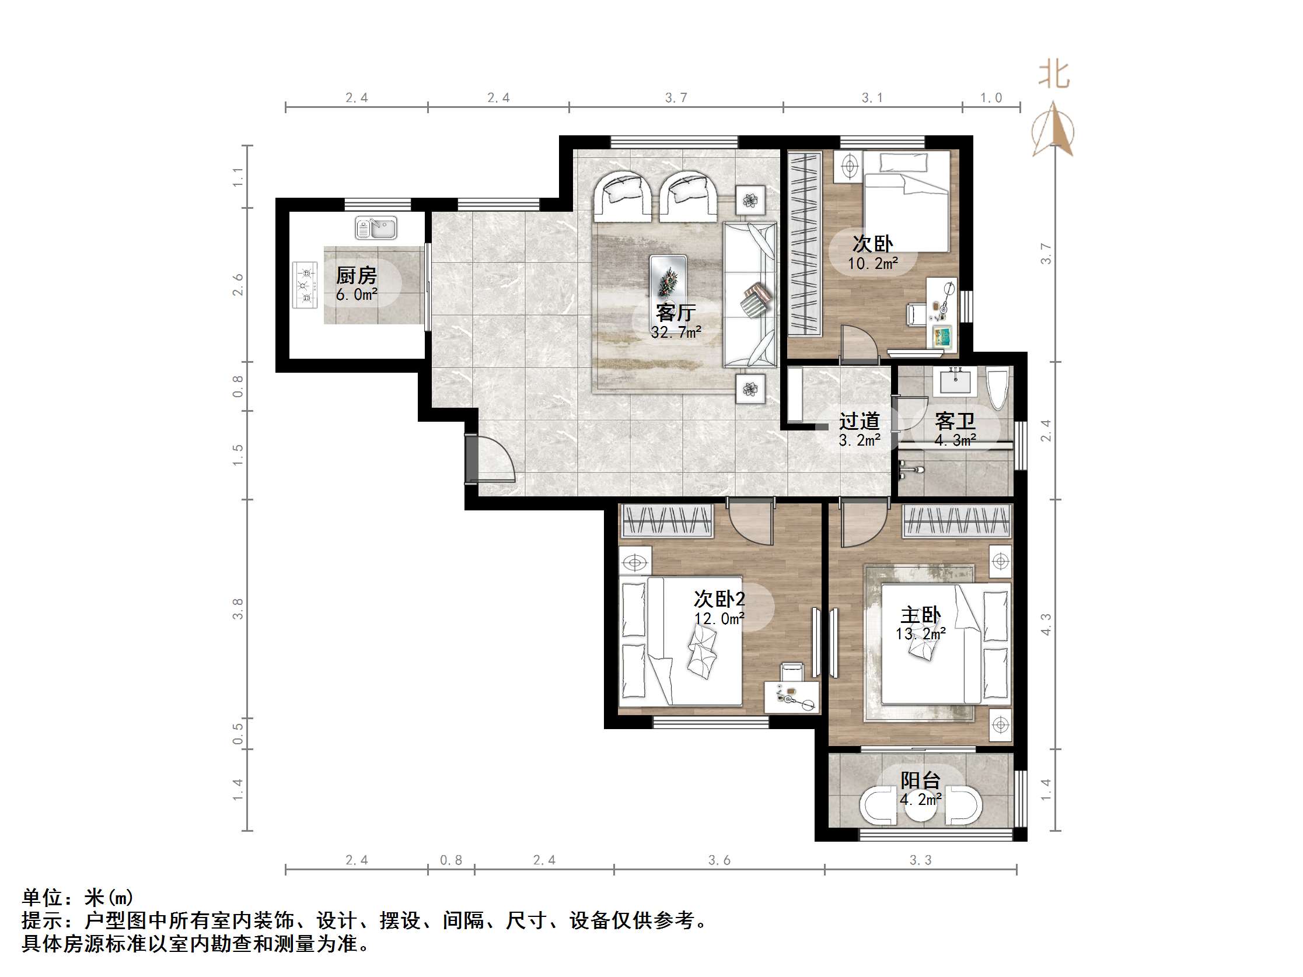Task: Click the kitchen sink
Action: pos(376,228)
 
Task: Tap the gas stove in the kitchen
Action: pos(305,285)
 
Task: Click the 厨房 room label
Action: pos(356,275)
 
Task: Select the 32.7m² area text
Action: pos(676,332)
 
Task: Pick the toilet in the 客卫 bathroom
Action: pos(997,388)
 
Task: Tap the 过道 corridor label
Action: pos(860,421)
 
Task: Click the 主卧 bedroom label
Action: pos(920,615)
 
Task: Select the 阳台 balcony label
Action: pos(920,780)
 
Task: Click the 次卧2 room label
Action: pos(719,599)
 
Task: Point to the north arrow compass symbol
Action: pos(1053,131)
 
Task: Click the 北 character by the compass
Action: pos(1053,75)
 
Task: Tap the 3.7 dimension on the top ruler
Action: pos(676,98)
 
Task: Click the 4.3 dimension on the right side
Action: pos(1046,624)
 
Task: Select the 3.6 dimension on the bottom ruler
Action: pos(719,860)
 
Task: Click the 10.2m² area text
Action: pos(872,263)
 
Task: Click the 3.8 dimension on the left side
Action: pos(237,608)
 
